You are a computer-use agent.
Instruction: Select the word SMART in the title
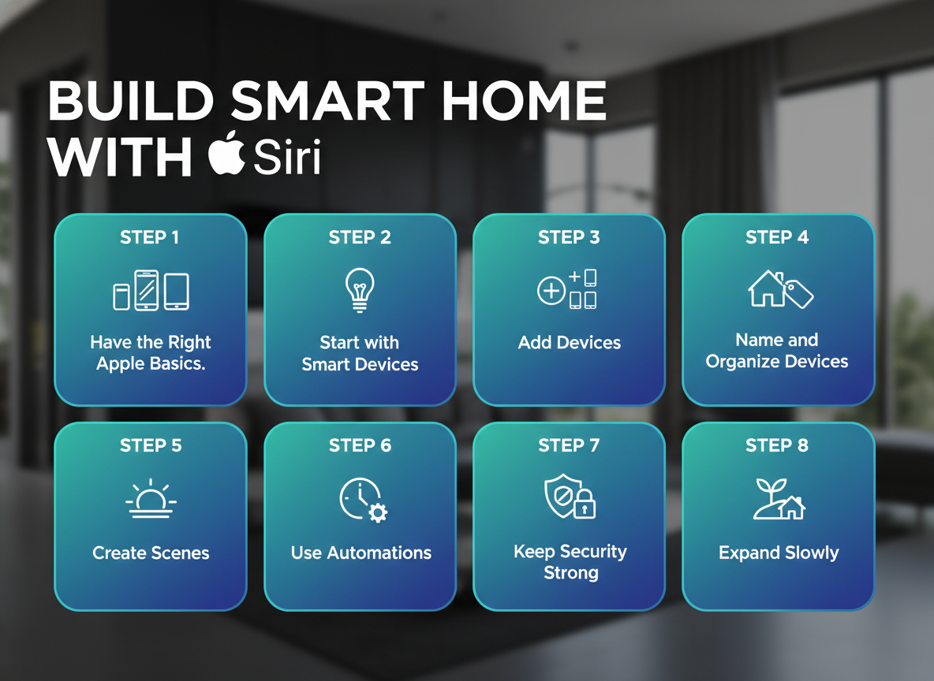click(327, 101)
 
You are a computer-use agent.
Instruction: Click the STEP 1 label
click(150, 237)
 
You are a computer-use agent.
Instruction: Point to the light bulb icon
click(360, 290)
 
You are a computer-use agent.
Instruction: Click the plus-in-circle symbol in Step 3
click(551, 291)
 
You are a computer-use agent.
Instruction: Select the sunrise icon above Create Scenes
click(151, 499)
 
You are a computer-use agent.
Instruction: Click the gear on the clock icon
click(378, 512)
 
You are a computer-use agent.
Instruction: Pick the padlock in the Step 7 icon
click(585, 504)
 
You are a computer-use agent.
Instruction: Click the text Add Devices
click(570, 343)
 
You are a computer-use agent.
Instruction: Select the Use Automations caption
click(361, 553)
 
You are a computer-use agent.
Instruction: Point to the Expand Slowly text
click(779, 553)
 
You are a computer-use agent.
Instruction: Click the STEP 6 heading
click(361, 446)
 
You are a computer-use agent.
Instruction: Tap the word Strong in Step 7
click(570, 573)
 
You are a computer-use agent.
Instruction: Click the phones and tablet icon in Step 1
click(151, 291)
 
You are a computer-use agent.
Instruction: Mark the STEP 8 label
click(777, 446)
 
